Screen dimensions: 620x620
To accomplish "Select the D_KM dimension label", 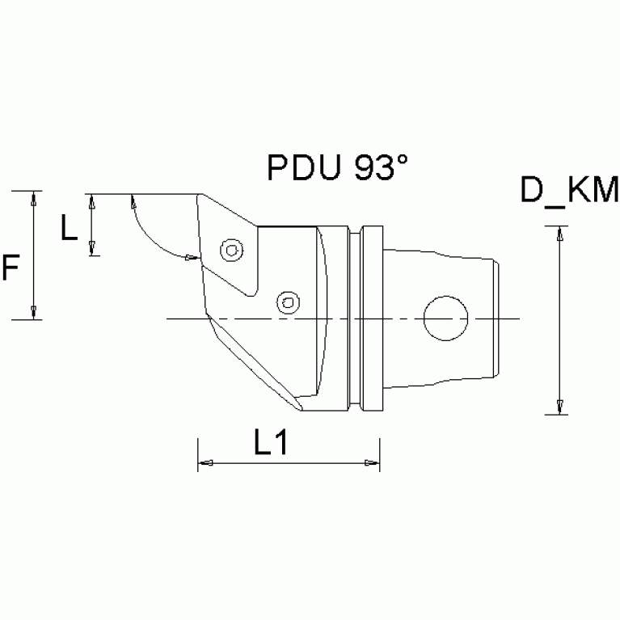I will (569, 192).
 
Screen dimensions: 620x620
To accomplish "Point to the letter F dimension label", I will (11, 268).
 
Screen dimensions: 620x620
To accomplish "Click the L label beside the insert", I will (70, 230).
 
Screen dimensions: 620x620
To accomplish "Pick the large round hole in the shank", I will (445, 318).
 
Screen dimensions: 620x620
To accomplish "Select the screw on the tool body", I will (286, 302).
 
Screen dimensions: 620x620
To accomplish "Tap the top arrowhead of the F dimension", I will (34, 199).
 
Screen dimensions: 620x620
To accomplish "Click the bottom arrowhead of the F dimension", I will (34, 312).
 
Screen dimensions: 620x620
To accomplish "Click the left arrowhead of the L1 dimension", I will (206, 463).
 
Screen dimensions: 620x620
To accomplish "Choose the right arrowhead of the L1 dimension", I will (371, 463).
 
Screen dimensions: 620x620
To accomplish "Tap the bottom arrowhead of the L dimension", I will (93, 248).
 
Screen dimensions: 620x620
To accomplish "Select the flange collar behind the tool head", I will (370, 318).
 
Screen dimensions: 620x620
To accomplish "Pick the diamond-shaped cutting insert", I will (226, 243).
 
